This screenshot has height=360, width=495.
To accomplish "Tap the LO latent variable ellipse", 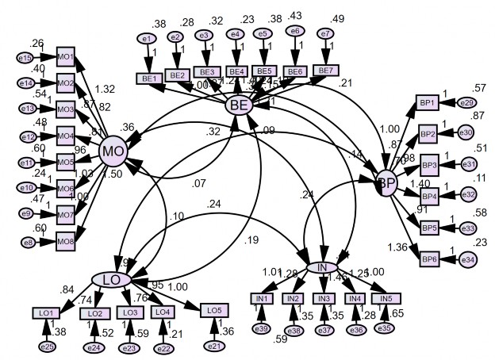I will point(112,278).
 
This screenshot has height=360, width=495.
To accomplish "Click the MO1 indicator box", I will point(66,57).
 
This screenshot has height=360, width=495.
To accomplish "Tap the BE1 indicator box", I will point(150,79).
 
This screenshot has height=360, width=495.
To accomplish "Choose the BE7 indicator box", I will point(324,70).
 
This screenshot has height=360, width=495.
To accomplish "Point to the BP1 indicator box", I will point(428,104).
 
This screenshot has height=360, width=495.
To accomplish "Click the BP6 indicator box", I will point(428,259).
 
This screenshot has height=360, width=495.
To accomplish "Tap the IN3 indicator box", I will point(323,298).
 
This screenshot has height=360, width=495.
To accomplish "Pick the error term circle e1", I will point(145,38).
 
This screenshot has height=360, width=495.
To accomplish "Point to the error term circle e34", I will point(467,259).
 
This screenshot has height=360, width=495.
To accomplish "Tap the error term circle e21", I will point(213,345).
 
